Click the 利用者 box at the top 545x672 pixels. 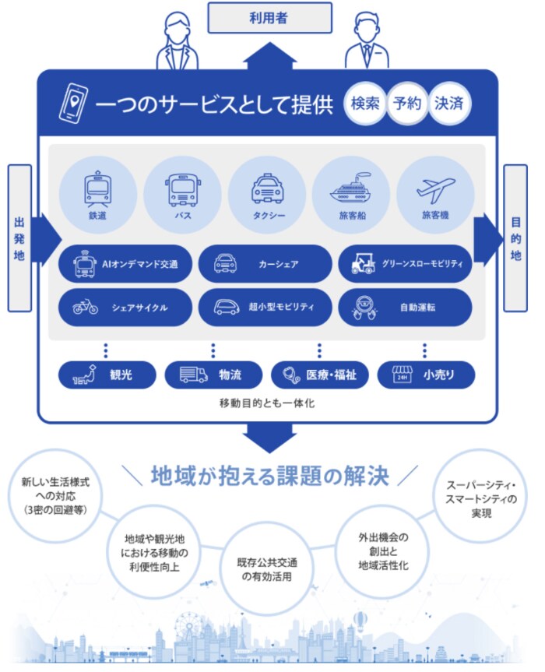[269, 17]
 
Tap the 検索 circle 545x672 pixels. [364, 103]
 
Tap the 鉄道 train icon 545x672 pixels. [97, 187]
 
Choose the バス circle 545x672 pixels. [183, 192]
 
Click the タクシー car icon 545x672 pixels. [267, 188]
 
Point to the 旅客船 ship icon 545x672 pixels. [352, 188]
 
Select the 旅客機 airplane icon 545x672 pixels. [435, 187]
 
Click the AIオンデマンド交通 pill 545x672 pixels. [125, 264]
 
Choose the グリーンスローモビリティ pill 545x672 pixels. [405, 264]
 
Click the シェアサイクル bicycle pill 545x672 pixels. [125, 307]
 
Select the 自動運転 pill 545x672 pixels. [405, 307]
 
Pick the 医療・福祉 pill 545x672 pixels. [319, 375]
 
